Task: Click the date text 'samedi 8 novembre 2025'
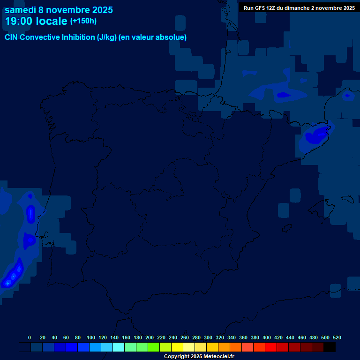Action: [x=59, y=10]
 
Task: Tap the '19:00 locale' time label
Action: [x=36, y=21]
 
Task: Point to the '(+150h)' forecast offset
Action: [x=83, y=21]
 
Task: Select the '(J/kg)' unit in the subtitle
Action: [x=107, y=37]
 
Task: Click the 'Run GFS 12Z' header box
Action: [x=299, y=8]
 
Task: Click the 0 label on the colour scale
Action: [x=30, y=337]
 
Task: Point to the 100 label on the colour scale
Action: [x=91, y=337]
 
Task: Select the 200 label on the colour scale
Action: [x=150, y=337]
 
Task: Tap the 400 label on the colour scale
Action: [x=267, y=337]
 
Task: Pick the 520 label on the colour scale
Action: [x=337, y=337]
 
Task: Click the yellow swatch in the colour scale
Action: [x=177, y=347]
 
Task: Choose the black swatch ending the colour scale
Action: [x=330, y=347]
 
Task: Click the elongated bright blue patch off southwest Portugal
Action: [x=13, y=274]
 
